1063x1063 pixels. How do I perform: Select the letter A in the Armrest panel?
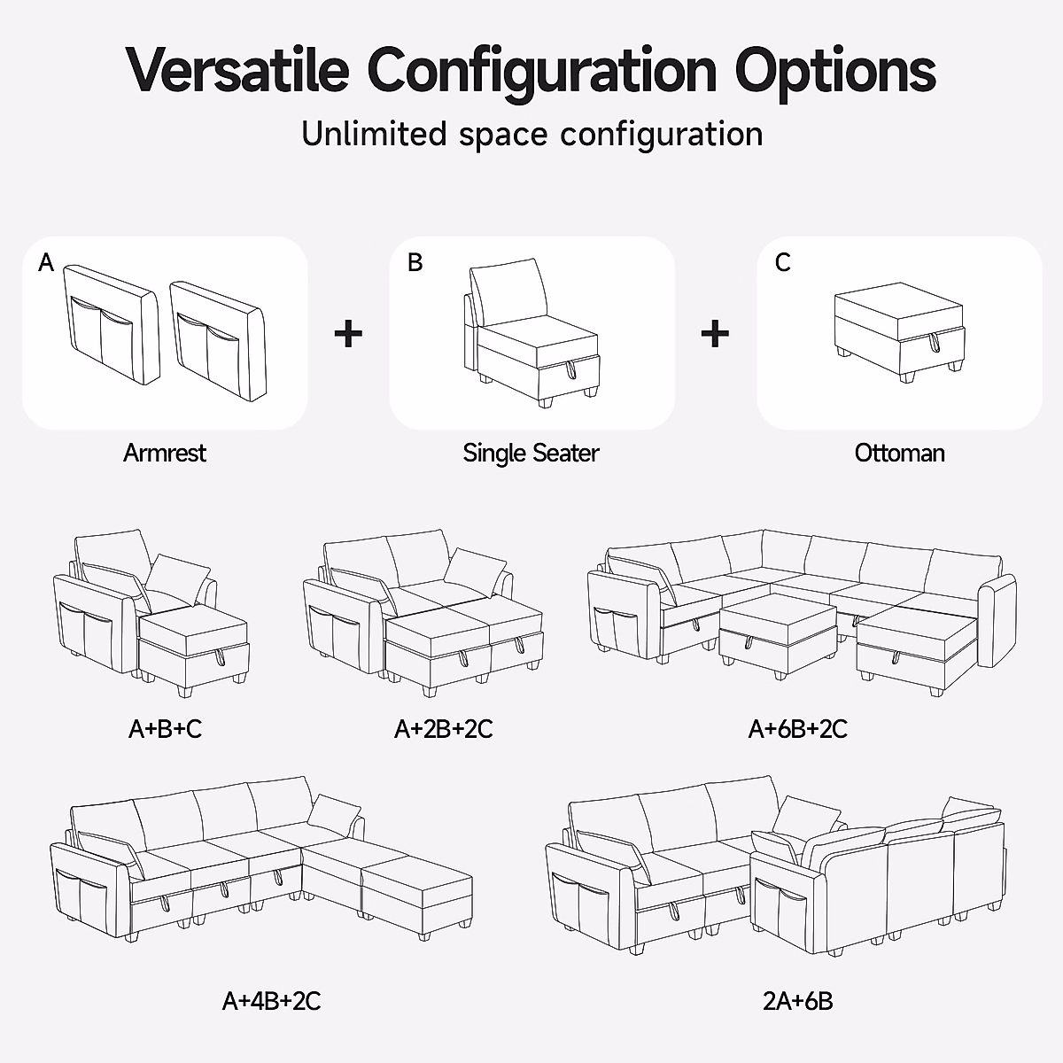coord(47,262)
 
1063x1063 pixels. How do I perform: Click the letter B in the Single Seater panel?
coord(415,262)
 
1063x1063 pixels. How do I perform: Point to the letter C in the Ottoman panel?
coord(782,262)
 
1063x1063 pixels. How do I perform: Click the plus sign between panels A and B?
coord(348,334)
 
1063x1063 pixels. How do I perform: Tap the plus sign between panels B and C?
coord(715,334)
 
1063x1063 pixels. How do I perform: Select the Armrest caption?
coord(165,453)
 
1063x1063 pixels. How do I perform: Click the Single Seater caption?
coord(531,453)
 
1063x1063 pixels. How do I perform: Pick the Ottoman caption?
coord(899,453)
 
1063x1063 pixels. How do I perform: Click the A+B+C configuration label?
coord(165,729)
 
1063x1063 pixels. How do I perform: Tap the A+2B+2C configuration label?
coord(443,729)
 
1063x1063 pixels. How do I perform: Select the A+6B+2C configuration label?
coord(797,729)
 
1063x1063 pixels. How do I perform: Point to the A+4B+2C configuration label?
coord(271,1001)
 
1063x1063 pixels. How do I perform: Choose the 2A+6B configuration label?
coord(797,1001)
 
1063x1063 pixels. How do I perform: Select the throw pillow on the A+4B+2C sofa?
coord(335,811)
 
